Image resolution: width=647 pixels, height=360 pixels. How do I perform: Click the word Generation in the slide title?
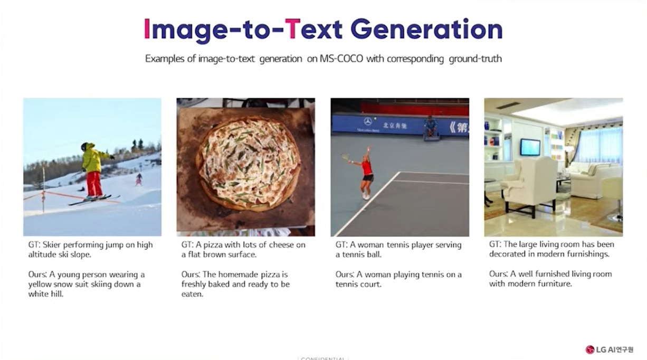point(426,30)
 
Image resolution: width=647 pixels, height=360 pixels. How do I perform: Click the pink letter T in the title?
point(292,29)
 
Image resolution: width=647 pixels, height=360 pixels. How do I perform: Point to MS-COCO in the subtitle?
point(341,59)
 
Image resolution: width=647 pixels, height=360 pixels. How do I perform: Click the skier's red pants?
point(94,184)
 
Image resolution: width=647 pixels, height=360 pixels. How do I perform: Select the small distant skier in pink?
point(139,179)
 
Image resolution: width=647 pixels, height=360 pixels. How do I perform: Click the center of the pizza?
point(248,163)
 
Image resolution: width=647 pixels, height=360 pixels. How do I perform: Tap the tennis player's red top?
point(367,168)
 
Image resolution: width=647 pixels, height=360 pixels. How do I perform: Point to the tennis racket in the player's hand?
point(345,157)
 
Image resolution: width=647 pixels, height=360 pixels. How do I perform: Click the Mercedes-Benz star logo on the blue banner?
point(368,122)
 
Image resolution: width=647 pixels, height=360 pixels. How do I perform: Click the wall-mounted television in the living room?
point(530,147)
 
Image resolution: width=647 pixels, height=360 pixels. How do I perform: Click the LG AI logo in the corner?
point(610,349)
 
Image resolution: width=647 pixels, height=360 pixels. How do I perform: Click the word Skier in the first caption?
point(52,245)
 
